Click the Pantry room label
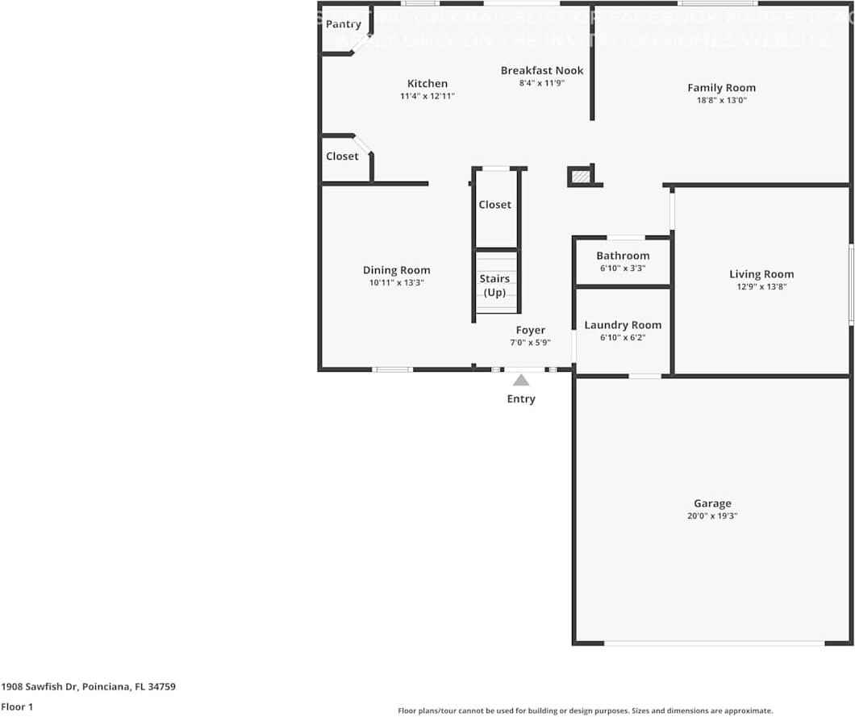point(343,24)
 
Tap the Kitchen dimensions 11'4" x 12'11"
point(427,96)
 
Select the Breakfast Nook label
point(541,70)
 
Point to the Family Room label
point(721,88)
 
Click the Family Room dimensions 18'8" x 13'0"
point(721,101)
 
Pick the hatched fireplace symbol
point(580,175)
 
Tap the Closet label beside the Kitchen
point(342,156)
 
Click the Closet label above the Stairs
point(494,205)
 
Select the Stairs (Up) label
point(494,286)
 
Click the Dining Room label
point(396,270)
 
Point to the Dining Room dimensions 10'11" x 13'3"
point(396,283)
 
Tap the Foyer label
point(530,330)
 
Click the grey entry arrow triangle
point(521,380)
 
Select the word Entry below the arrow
point(521,398)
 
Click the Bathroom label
point(623,256)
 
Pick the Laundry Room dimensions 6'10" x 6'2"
point(623,338)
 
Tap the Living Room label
point(761,274)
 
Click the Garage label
point(712,503)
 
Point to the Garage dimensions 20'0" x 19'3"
point(712,516)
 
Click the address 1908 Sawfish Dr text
point(88,687)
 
